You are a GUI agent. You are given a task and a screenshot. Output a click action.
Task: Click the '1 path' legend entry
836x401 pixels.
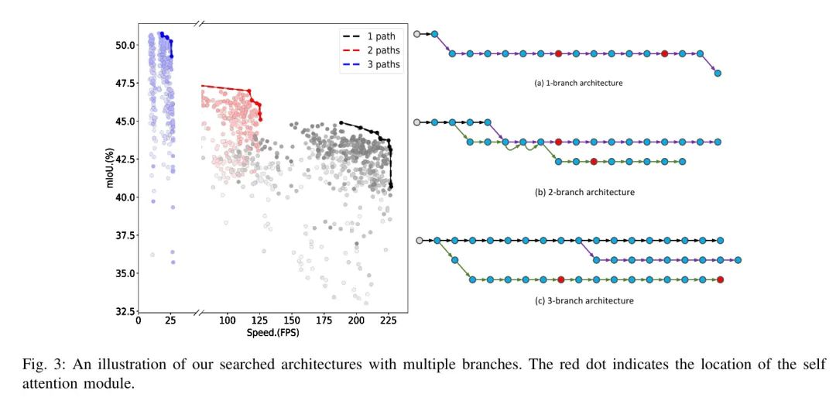click(x=380, y=36)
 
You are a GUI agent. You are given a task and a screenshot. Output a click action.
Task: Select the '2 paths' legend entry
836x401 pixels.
click(x=383, y=50)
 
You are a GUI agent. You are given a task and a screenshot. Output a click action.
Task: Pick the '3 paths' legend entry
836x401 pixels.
click(x=383, y=65)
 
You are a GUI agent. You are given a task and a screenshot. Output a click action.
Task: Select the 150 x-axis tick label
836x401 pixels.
click(x=292, y=320)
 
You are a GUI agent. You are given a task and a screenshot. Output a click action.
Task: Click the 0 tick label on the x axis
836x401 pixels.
click(x=139, y=320)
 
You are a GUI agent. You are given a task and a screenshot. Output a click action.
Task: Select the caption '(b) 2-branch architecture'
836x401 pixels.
click(x=584, y=192)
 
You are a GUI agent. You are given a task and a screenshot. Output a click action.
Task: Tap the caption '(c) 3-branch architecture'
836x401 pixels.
click(x=584, y=300)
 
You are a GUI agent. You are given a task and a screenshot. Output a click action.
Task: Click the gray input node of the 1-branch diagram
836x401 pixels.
click(x=417, y=34)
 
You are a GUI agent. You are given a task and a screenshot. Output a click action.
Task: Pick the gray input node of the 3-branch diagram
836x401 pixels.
click(x=419, y=241)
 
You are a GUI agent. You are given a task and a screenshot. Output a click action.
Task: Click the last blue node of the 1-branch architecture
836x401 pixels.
click(x=718, y=74)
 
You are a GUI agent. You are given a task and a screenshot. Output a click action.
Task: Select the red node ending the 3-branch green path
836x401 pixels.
click(x=721, y=279)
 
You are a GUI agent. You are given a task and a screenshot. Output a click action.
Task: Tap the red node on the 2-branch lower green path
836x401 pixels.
click(x=593, y=162)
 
